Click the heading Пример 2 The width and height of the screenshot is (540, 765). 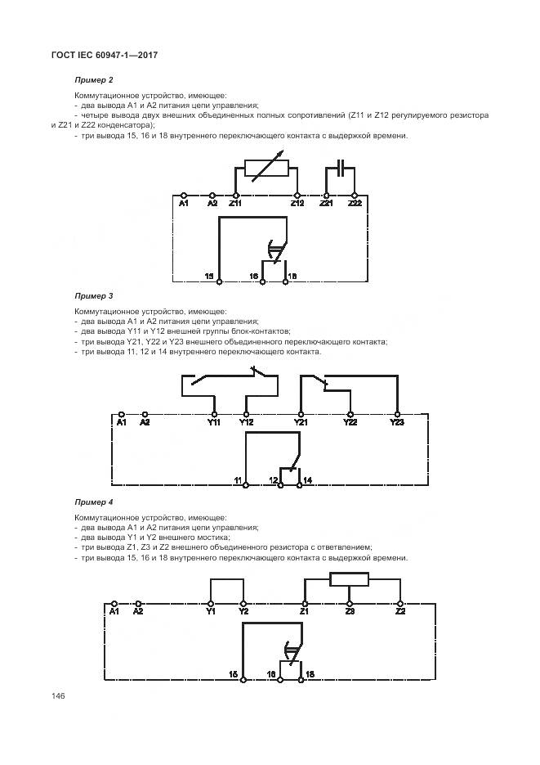tap(92, 79)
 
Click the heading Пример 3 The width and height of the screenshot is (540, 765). tap(92, 295)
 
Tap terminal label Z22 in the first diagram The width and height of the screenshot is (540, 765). tap(355, 203)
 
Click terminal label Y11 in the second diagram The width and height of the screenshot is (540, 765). tap(214, 422)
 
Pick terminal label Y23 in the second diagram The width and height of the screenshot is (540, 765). tap(396, 422)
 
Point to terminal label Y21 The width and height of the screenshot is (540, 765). tap(301, 422)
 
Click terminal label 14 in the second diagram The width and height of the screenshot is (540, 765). tap(308, 478)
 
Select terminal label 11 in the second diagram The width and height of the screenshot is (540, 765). tap(237, 478)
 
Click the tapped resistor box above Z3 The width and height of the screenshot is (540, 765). tap(349, 580)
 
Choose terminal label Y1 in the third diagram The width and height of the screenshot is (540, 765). tap(211, 610)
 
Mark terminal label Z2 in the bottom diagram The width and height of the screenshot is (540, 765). tap(399, 610)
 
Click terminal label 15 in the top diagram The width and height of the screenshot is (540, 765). tap(209, 277)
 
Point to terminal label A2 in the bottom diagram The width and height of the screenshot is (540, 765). tap(138, 610)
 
